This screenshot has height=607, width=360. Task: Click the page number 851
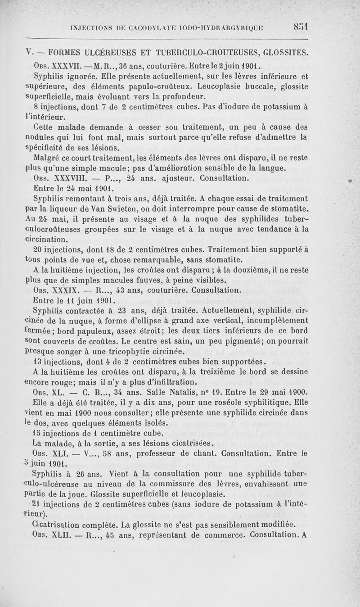click(x=299, y=27)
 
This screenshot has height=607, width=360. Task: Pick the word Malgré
click(x=47, y=158)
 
